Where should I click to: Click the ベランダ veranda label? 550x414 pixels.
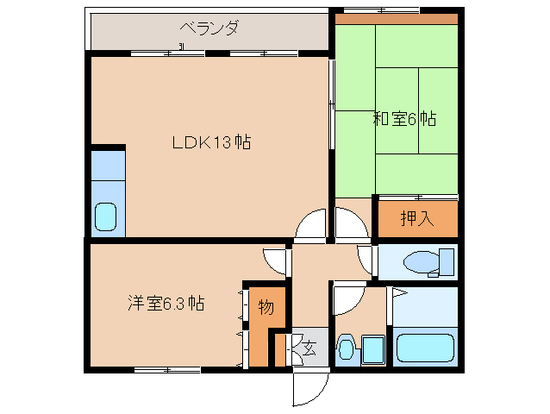coord(209,28)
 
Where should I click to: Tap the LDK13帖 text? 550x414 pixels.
coord(211,142)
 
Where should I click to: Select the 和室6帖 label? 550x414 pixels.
coord(404,118)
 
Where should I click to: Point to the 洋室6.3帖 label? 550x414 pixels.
coord(166,304)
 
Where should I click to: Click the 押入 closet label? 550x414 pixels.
coord(417,218)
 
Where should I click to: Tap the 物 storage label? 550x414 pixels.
coord(266,307)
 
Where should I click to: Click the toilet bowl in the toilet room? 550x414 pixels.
coord(421,261)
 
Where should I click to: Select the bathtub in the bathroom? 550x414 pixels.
coord(425,348)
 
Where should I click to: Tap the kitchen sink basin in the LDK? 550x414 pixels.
coord(105,216)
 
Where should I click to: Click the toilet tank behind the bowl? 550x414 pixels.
coord(447,262)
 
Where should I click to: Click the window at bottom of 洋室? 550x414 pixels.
coord(167,370)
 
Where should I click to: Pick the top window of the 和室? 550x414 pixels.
coord(382,9)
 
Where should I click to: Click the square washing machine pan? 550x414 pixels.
coord(373,350)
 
